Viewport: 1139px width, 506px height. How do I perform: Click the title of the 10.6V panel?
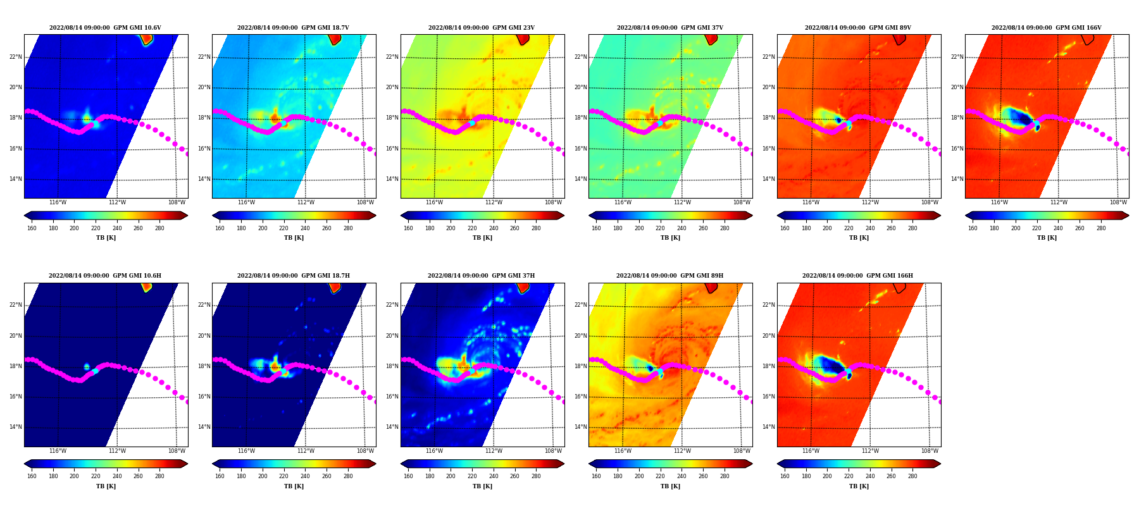coord(105,28)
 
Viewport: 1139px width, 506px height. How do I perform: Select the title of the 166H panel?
coord(857,276)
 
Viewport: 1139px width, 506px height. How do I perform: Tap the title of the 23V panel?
coord(482,28)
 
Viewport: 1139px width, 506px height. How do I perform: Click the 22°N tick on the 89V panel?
coord(769,57)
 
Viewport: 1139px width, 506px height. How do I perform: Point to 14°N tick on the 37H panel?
coord(392,427)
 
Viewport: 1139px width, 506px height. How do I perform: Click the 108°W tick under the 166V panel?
coord(1118,203)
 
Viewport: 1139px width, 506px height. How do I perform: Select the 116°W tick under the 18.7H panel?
coord(246,451)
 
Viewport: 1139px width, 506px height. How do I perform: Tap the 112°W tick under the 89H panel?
coord(682,451)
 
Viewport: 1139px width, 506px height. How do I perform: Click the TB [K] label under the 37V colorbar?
coord(671,238)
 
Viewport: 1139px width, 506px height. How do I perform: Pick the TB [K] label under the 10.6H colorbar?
coord(106,486)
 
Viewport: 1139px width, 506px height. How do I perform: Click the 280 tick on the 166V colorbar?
coord(1100,228)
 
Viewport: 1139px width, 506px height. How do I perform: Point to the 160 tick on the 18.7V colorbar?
coord(220,228)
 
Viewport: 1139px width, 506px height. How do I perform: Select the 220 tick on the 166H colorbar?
coord(849,476)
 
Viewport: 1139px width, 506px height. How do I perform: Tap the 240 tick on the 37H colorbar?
coord(494,476)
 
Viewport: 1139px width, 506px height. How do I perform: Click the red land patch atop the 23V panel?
coord(523,39)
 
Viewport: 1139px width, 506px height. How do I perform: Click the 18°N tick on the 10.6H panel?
coord(16,366)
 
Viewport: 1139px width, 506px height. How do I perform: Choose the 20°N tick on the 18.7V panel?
coord(204,87)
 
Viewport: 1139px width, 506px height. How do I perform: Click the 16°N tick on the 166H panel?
coord(769,397)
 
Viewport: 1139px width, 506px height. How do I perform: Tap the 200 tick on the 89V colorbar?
coord(827,228)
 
